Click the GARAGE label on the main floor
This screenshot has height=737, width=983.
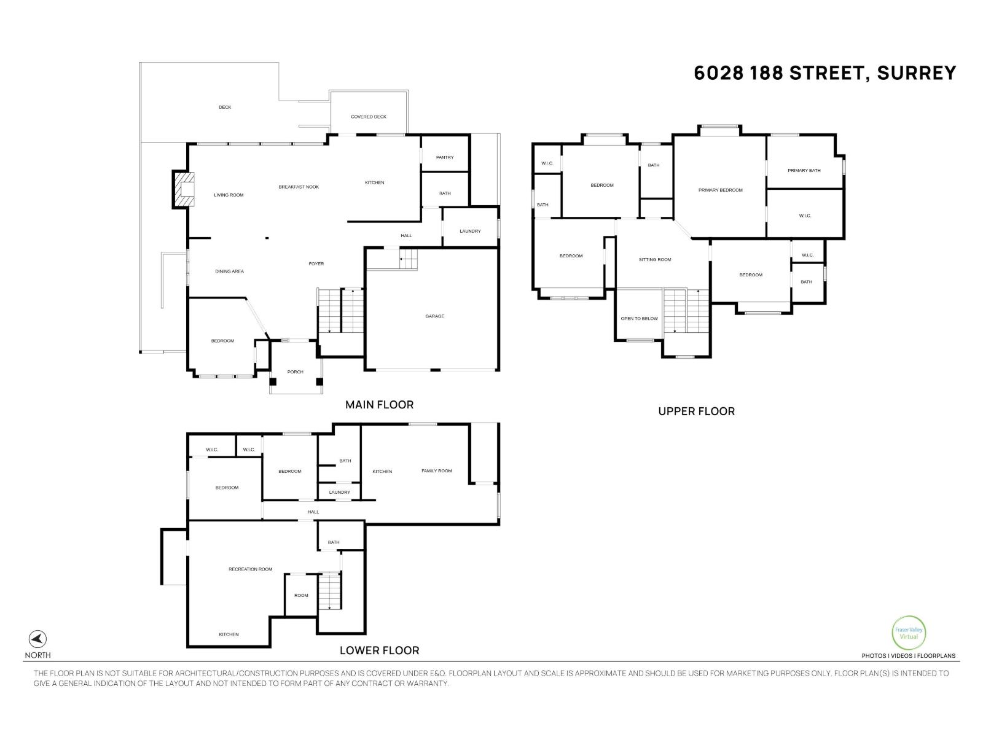click(x=434, y=316)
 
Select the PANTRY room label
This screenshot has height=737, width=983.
click(x=445, y=158)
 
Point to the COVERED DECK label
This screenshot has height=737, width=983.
click(x=369, y=117)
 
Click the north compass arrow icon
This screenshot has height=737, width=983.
click(x=37, y=639)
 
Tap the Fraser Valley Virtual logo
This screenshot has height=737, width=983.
click(x=908, y=633)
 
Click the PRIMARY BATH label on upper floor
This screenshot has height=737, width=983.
click(x=804, y=170)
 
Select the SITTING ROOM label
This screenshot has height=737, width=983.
click(x=655, y=260)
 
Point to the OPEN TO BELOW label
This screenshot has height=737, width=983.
click(x=639, y=319)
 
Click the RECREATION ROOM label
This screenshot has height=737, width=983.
click(x=250, y=569)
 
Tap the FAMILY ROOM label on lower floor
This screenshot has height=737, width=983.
click(x=436, y=471)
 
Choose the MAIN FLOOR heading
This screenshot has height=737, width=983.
click(x=379, y=405)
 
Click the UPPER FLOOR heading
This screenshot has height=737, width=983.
click(x=696, y=411)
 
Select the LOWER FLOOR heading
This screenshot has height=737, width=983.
click(x=379, y=650)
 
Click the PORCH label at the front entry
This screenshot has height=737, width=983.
click(x=295, y=372)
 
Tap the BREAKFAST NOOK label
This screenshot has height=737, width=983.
click(x=299, y=187)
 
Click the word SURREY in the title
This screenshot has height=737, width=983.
click(x=916, y=73)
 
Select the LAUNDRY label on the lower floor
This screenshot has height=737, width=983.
click(x=339, y=493)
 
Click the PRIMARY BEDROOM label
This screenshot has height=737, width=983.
click(x=720, y=190)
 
